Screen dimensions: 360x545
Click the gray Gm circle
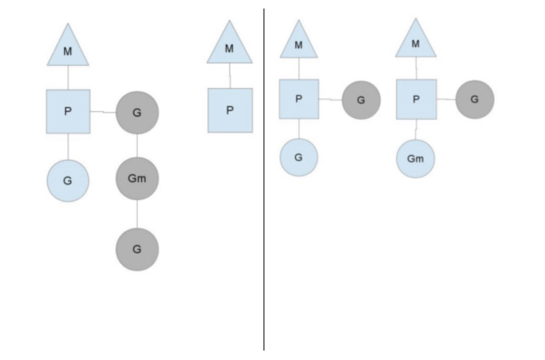[x=137, y=178]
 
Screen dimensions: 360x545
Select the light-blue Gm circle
[x=415, y=159]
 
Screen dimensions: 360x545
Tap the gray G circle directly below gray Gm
[x=137, y=249]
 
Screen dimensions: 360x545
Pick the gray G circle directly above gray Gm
[x=137, y=112]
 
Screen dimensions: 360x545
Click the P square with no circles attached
[x=230, y=110]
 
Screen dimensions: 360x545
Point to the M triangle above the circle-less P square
[x=230, y=46]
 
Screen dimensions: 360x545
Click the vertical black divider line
[x=263, y=202]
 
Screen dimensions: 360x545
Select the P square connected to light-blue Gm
[x=416, y=99]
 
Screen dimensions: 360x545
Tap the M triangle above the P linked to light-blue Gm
[x=415, y=42]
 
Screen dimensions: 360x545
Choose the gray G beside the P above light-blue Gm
[x=474, y=99]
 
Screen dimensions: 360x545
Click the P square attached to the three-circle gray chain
[x=68, y=111]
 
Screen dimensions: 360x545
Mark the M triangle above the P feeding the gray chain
[x=68, y=48]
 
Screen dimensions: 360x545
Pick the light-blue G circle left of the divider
[x=68, y=181]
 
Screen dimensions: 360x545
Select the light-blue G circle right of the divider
[x=298, y=157]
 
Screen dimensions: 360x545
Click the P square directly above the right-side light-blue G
[x=299, y=99]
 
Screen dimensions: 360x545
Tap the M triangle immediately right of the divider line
[x=298, y=43]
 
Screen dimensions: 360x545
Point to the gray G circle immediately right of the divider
[x=361, y=100]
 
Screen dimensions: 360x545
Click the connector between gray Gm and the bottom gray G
[x=137, y=214]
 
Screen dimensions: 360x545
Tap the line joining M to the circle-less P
[x=230, y=76]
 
